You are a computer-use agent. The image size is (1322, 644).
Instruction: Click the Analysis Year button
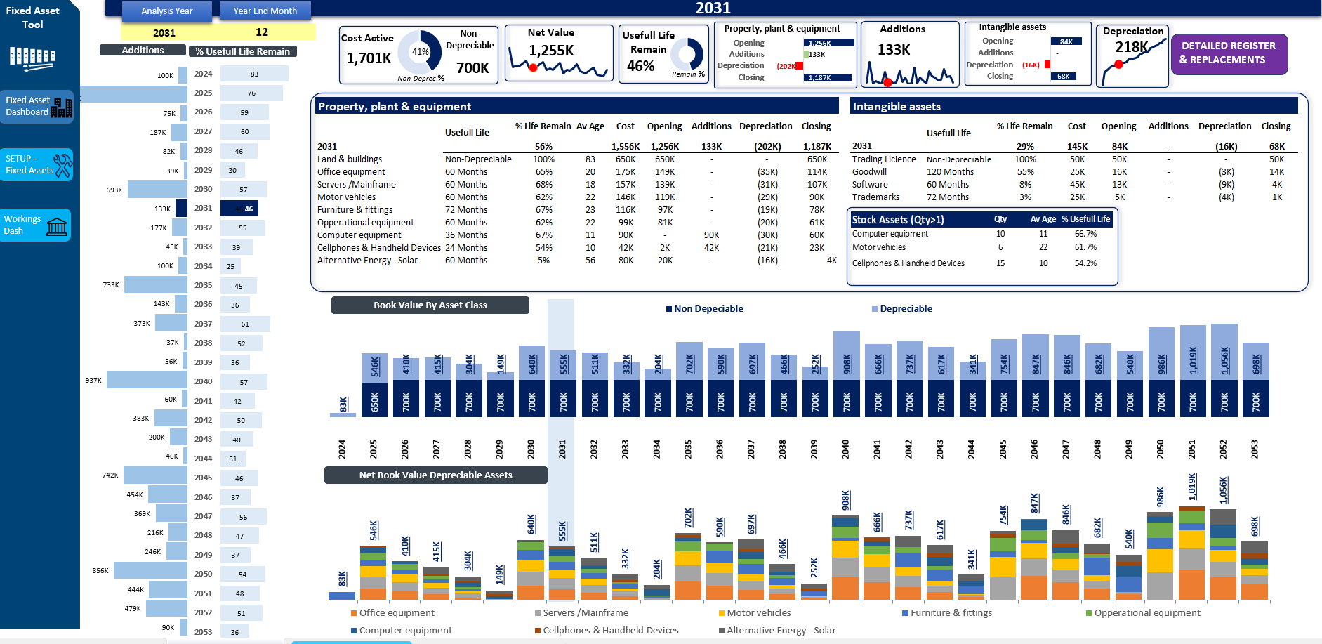[166, 11]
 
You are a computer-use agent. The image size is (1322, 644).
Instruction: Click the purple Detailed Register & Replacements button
[1229, 53]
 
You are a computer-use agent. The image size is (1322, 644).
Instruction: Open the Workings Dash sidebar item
[36, 225]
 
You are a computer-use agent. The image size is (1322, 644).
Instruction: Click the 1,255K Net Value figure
[551, 51]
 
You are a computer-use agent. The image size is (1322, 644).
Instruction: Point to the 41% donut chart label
[420, 51]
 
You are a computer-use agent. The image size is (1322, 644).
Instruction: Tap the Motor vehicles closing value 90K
[817, 197]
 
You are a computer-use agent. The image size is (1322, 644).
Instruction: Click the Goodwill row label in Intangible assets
[869, 172]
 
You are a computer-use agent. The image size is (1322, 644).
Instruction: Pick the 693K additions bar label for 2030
[114, 190]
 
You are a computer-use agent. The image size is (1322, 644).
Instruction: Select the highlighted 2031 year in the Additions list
[204, 209]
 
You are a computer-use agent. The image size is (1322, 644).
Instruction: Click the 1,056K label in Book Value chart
[1224, 361]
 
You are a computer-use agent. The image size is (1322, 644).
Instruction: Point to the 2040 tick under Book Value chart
[845, 449]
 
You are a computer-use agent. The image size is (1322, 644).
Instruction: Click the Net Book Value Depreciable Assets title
[435, 475]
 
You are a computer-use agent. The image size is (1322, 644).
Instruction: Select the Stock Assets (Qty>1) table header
[898, 220]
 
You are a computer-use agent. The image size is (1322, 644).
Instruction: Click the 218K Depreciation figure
[1132, 48]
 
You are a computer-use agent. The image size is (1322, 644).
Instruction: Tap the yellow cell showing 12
[262, 32]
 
